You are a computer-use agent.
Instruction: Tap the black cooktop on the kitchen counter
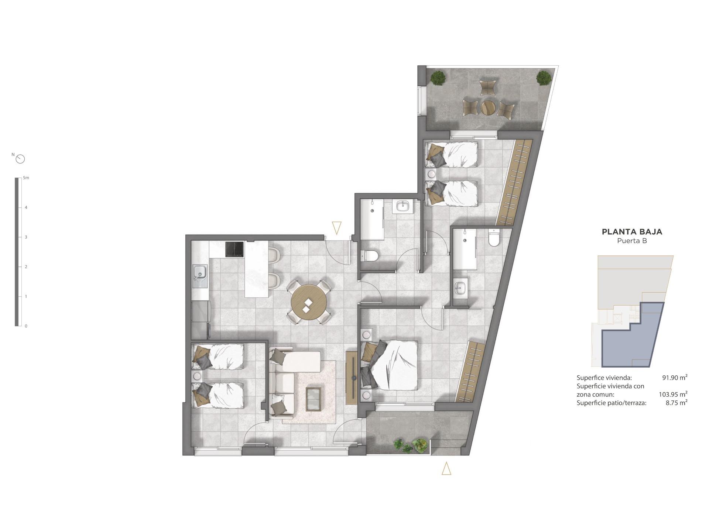[x=234, y=249]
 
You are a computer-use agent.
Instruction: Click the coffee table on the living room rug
[x=314, y=399]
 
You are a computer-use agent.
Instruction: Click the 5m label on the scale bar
[x=26, y=178]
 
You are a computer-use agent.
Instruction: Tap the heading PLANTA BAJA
[x=632, y=232]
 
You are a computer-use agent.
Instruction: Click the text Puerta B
[x=632, y=241]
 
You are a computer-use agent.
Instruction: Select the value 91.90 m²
[x=675, y=378]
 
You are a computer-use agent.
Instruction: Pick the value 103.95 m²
[x=673, y=394]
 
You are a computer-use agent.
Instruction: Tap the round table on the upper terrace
[x=488, y=108]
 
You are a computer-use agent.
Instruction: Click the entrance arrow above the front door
[x=336, y=227]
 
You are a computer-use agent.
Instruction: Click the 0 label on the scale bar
[x=26, y=326]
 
